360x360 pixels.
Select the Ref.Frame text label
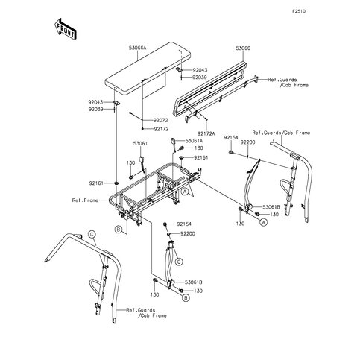85,200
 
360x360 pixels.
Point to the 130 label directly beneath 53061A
198,148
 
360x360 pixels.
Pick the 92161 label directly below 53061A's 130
200,158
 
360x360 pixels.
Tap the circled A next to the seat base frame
183,192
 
